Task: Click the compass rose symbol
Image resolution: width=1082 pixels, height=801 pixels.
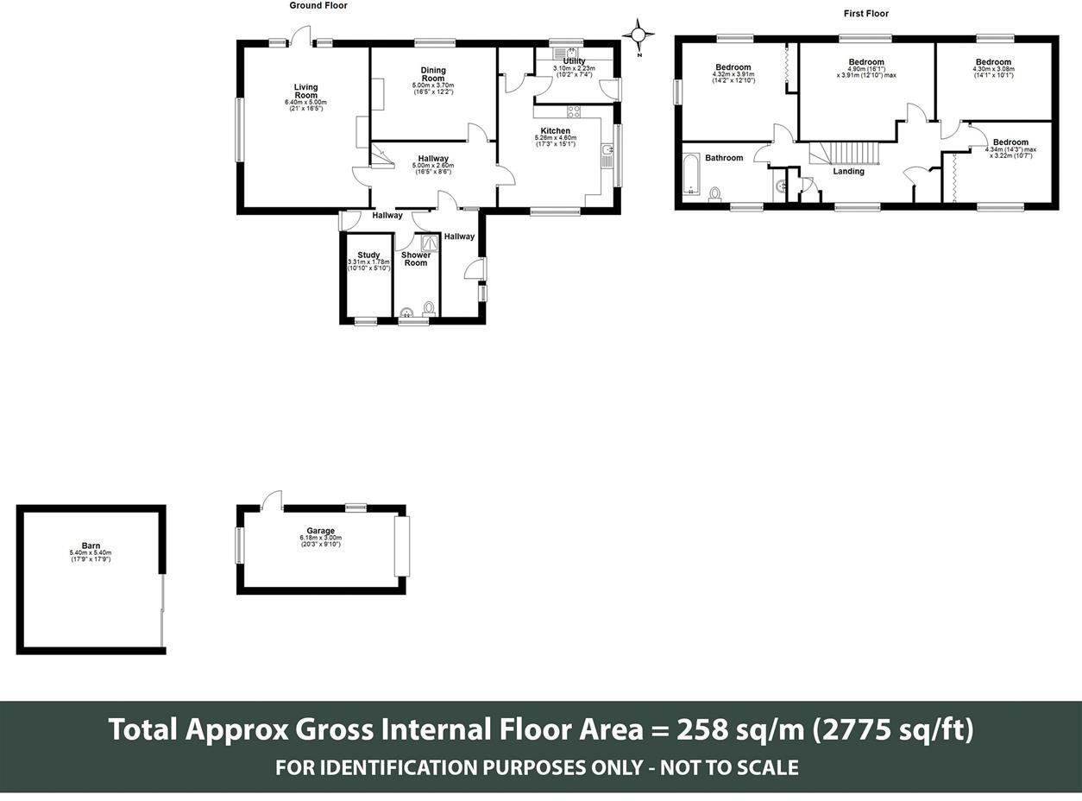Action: click(x=638, y=35)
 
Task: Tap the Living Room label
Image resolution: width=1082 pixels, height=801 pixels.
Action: click(x=305, y=91)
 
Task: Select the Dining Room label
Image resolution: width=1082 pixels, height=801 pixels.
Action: click(x=433, y=74)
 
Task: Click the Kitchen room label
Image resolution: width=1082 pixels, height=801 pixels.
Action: click(x=555, y=131)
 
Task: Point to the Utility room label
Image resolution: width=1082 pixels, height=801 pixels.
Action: click(x=574, y=61)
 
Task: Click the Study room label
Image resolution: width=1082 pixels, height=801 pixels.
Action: click(x=368, y=255)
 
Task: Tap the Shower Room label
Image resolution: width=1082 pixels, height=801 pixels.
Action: click(x=416, y=259)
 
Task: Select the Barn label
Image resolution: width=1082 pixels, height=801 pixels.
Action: click(x=91, y=546)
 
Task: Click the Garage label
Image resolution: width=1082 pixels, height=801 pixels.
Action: click(x=320, y=531)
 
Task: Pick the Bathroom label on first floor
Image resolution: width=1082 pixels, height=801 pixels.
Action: click(x=723, y=158)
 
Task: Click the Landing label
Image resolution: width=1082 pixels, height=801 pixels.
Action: click(x=848, y=171)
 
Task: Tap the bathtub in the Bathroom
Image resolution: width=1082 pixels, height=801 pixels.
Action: click(x=691, y=177)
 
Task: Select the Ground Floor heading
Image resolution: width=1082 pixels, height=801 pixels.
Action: click(x=318, y=6)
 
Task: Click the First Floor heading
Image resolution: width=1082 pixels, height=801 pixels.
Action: click(x=865, y=14)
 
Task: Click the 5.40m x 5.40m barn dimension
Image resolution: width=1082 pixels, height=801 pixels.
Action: click(x=91, y=553)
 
